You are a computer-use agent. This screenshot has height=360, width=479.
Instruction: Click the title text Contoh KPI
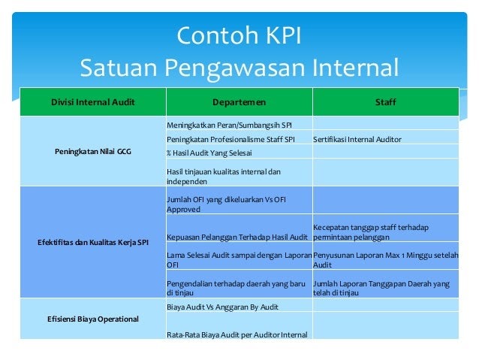click(x=239, y=35)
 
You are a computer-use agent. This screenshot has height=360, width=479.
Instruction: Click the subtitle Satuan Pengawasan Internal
click(x=239, y=68)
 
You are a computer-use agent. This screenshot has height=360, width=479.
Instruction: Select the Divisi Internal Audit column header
click(x=93, y=102)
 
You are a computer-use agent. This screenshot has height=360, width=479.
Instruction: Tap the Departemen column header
click(x=239, y=102)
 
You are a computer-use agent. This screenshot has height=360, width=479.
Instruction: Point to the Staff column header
click(x=385, y=102)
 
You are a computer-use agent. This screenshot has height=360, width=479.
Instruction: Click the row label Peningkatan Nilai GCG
click(x=93, y=151)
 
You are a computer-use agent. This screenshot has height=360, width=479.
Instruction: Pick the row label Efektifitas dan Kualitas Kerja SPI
click(x=93, y=243)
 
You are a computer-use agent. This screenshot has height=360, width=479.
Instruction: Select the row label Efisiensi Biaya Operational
click(x=93, y=319)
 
